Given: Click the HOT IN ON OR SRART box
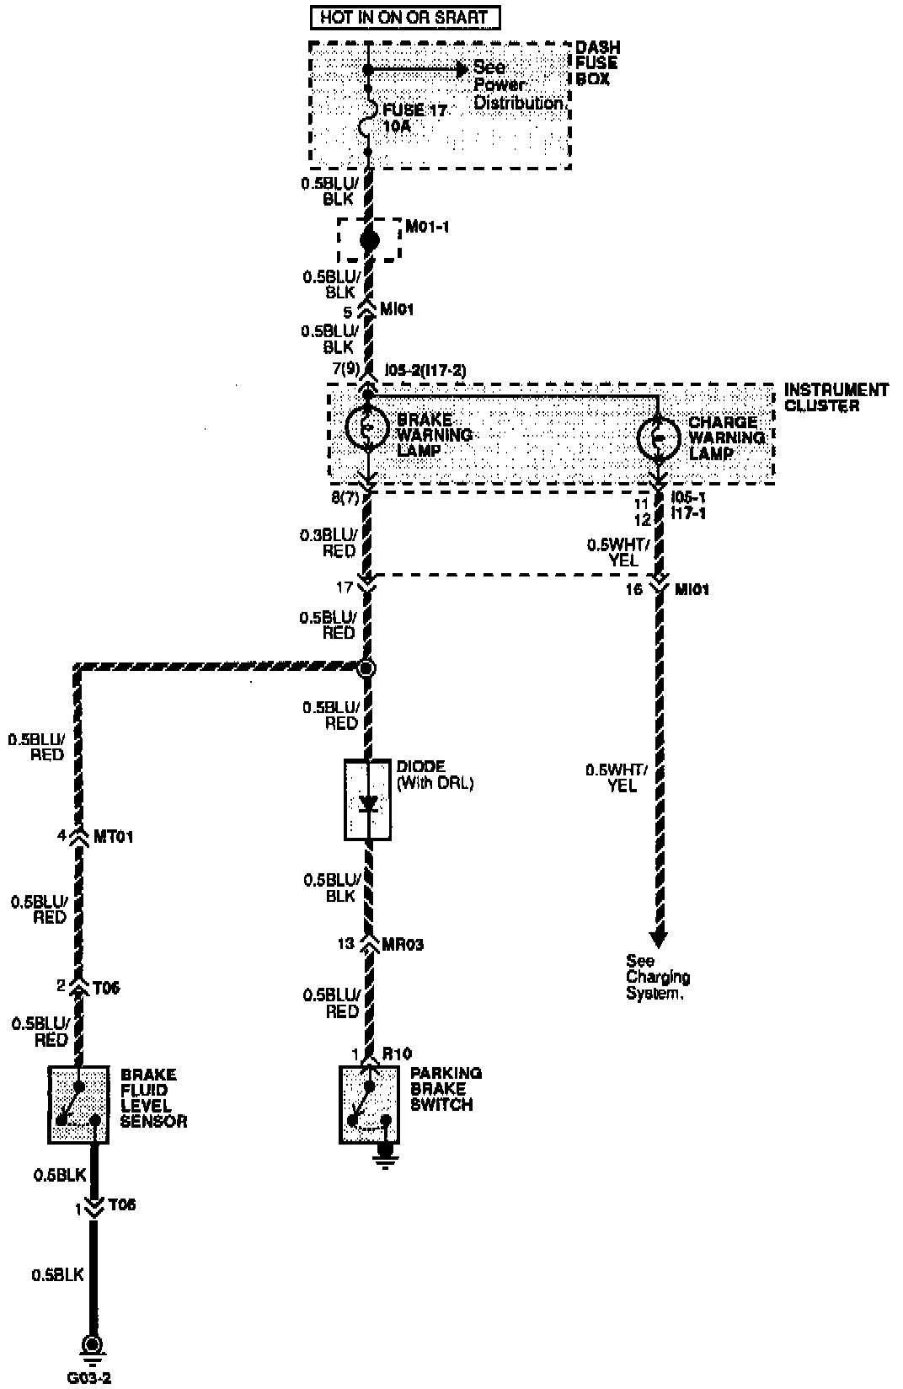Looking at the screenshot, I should [403, 17].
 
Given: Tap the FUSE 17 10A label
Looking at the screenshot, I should [414, 118].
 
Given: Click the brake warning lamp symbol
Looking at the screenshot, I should [368, 428].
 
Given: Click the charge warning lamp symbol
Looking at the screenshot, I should [659, 437].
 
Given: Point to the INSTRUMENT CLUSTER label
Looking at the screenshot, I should [836, 398].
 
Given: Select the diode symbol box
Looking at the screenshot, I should [367, 800].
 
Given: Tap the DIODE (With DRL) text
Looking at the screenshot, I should [435, 775].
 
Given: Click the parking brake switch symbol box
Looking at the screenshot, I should [368, 1104].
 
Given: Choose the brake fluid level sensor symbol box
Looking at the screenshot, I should [78, 1104].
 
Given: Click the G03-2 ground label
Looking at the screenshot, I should [89, 1379].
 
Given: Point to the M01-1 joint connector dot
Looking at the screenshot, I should [368, 240].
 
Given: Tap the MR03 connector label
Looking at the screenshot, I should [403, 944].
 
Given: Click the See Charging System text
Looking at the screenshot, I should [657, 977].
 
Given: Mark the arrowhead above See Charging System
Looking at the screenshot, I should [659, 937].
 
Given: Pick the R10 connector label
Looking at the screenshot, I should [397, 1054].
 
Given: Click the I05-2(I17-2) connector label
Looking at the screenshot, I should [425, 370].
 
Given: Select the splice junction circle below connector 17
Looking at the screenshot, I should [366, 668].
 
